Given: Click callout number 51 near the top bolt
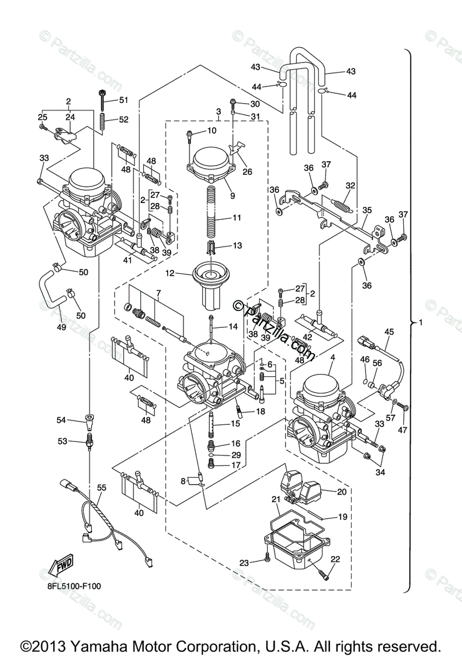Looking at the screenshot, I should point(123,100).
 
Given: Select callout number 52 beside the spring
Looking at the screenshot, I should point(123,120).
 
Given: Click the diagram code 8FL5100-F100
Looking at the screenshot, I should point(73,586).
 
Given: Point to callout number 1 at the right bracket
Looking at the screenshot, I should point(421,322).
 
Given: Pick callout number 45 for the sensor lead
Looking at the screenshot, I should point(389,331).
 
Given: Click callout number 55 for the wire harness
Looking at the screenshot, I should point(101,487).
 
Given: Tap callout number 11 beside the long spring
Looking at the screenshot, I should point(237,218).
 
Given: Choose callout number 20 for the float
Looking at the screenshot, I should point(341,492).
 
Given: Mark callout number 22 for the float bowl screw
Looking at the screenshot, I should point(335,559).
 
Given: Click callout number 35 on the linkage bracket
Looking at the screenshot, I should point(367,209).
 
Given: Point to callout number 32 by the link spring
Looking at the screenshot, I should point(350,185).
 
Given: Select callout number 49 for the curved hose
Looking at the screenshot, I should point(61,327).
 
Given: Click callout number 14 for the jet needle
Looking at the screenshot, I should point(233,327).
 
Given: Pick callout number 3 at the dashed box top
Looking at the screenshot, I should point(218,111).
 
